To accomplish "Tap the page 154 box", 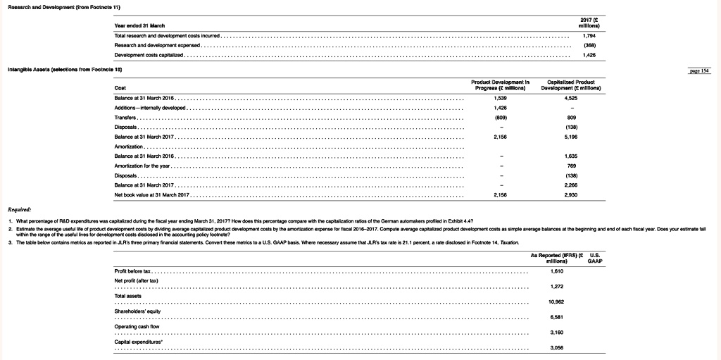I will pos(702,72).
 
